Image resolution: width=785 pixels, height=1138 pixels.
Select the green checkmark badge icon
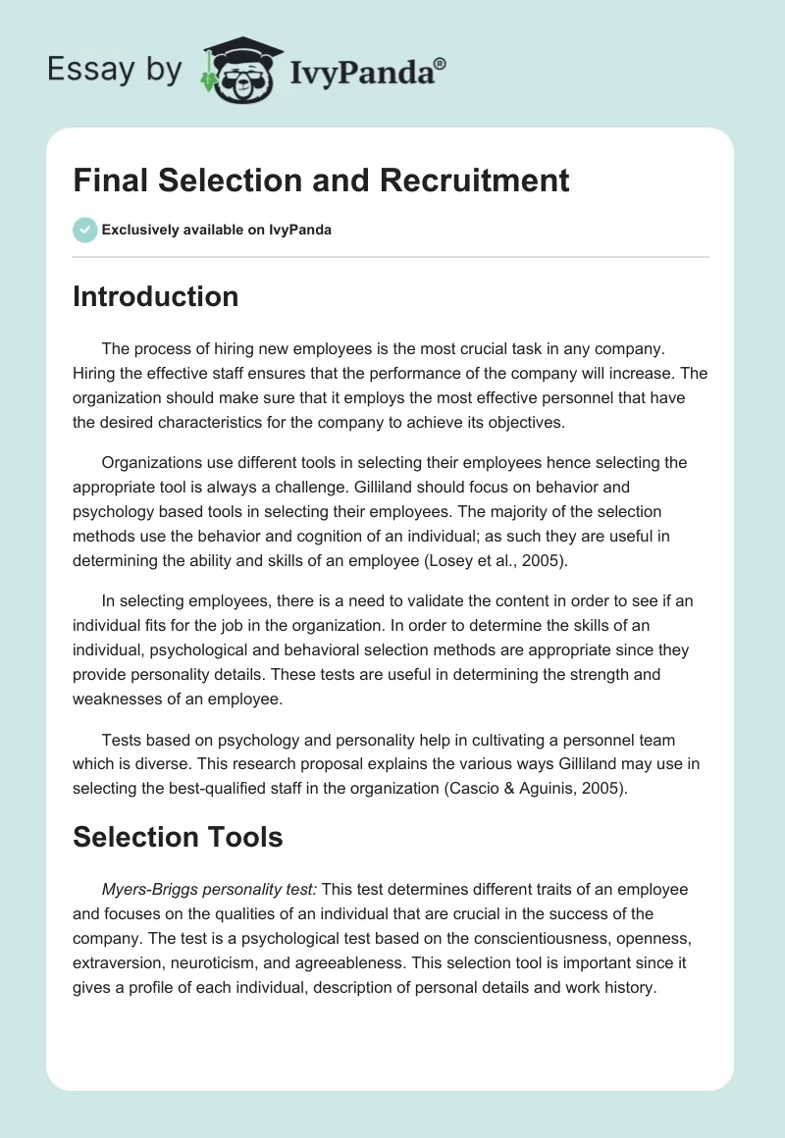pyautogui.click(x=84, y=230)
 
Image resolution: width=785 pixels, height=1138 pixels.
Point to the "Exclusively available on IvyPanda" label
pyautogui.click(x=216, y=230)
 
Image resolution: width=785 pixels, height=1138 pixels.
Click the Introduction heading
pyautogui.click(x=155, y=296)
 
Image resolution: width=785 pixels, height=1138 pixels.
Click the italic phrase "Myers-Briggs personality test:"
pyautogui.click(x=210, y=889)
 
